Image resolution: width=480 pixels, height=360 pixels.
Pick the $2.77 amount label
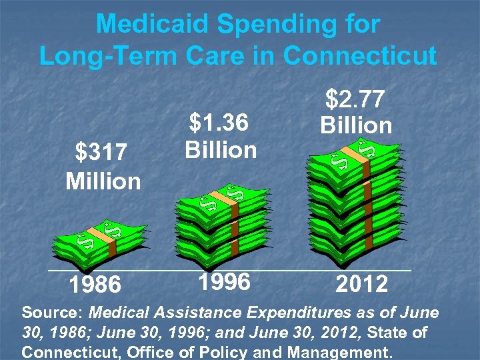[x=355, y=99]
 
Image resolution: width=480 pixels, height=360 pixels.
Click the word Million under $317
[x=103, y=181]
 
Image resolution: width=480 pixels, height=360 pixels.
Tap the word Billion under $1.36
[x=221, y=150]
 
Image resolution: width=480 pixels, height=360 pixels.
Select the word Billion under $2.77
[x=356, y=125]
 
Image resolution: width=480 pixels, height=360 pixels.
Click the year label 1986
[x=95, y=285]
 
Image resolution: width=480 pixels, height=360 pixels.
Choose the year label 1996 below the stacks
[x=223, y=281]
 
